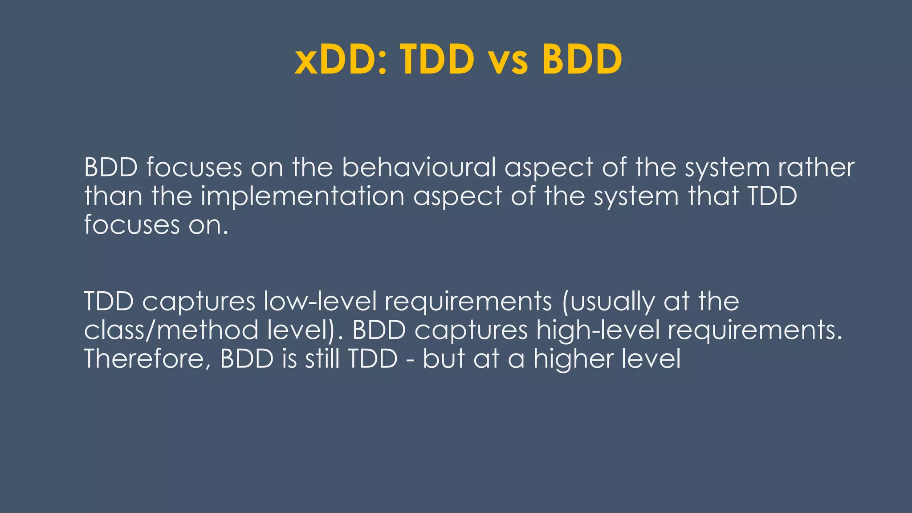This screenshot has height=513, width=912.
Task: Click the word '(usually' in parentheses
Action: [608, 302]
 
